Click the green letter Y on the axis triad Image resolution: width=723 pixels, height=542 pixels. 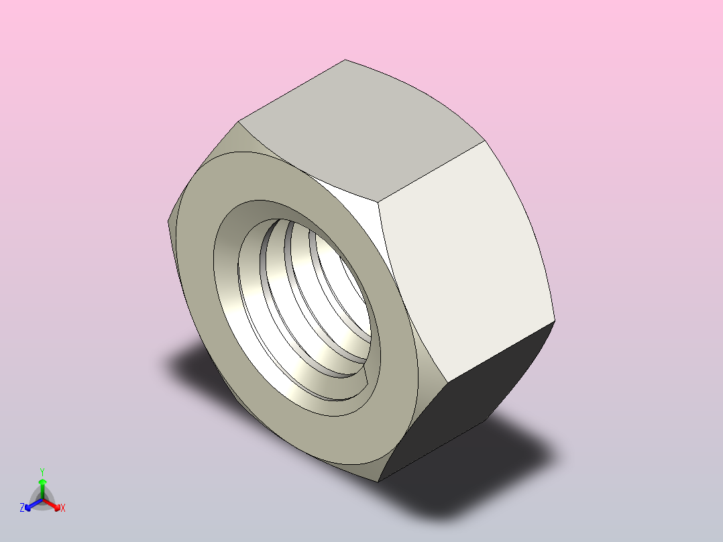[42, 472]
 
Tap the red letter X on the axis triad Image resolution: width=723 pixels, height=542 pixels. [63, 508]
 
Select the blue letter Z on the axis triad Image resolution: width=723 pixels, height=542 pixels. [22, 508]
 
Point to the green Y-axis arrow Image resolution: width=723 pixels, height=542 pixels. [42, 487]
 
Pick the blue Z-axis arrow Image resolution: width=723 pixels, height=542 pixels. [31, 504]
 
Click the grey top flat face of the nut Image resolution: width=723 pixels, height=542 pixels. [359, 127]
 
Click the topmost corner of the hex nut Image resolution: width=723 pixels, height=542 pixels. [345, 60]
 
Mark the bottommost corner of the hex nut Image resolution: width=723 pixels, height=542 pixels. [379, 481]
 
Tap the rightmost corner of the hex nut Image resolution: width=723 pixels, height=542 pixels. [555, 321]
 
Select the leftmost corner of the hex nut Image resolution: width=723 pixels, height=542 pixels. [167, 221]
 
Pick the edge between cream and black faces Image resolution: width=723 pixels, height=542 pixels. [500, 352]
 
